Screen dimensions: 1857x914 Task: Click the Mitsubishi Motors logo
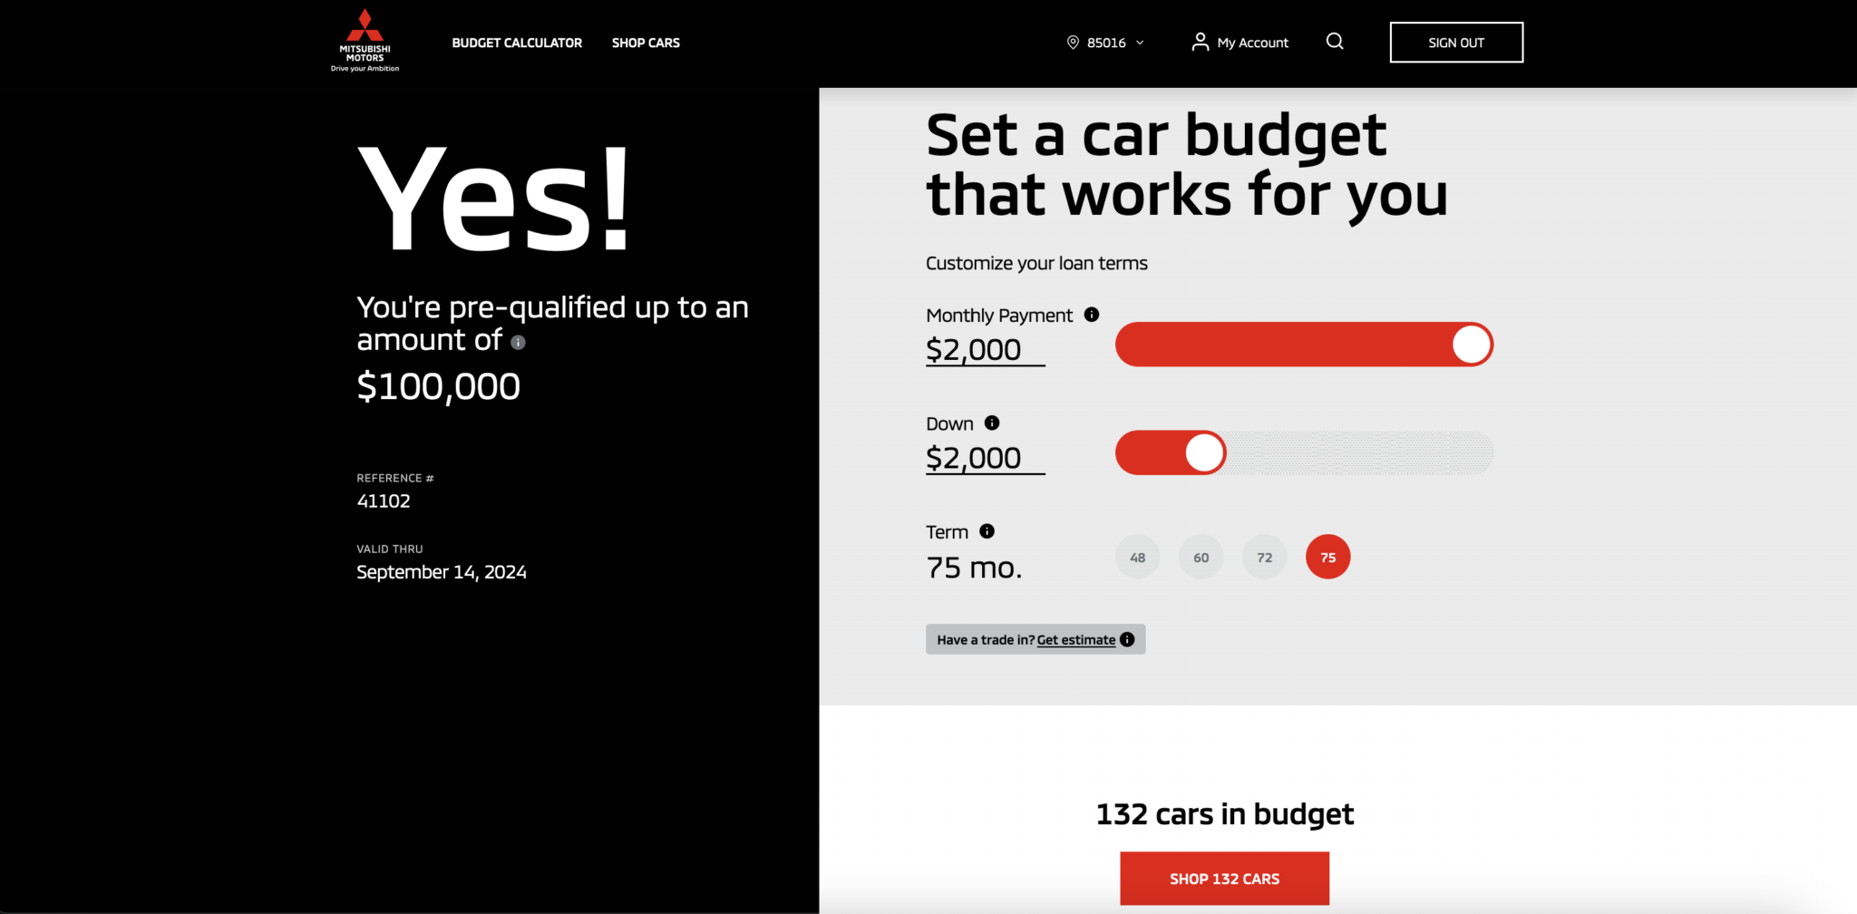tap(365, 41)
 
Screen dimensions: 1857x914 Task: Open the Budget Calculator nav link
tap(517, 43)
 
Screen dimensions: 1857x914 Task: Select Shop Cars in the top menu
tap(646, 43)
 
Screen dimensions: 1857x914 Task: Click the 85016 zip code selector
tap(1105, 43)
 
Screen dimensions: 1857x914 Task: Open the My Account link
tap(1240, 43)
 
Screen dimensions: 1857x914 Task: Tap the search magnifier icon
tap(1335, 42)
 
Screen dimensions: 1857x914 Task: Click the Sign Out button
tap(1456, 43)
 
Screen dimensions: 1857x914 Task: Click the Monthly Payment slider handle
tap(1471, 345)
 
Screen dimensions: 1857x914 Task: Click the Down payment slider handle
tap(1204, 452)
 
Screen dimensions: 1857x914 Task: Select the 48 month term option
tap(1138, 557)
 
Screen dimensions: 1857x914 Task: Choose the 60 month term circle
tap(1201, 557)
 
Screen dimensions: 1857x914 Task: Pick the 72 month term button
tap(1265, 557)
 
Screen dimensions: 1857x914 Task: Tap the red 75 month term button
tap(1328, 557)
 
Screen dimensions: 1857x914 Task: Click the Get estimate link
tap(1076, 640)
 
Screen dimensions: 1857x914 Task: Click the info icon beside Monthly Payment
tap(1092, 315)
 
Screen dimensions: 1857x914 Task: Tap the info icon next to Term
tap(987, 531)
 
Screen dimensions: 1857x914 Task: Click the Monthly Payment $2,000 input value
tap(974, 350)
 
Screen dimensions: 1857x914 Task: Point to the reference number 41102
tap(384, 501)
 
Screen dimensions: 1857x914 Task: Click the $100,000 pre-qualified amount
tap(439, 387)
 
